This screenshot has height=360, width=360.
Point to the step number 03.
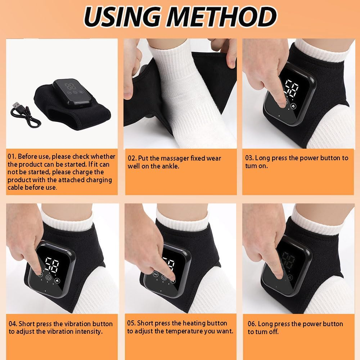[249, 158]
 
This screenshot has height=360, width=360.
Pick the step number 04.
[13, 324]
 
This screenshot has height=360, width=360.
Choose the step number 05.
[131, 323]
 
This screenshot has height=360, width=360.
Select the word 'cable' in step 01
[16, 188]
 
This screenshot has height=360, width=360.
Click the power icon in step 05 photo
[164, 278]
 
